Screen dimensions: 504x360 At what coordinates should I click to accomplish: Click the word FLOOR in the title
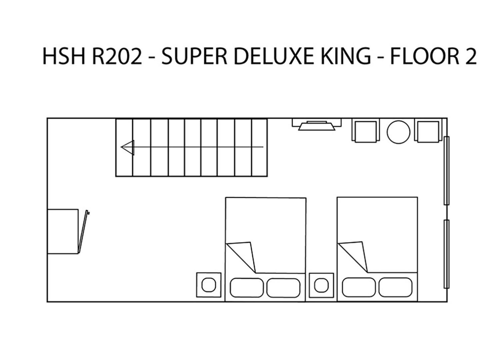(424, 56)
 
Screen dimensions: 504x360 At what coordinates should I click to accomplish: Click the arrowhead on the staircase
(128, 147)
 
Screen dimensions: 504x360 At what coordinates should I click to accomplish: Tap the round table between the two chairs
(398, 132)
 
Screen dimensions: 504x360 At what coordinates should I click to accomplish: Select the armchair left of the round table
(366, 131)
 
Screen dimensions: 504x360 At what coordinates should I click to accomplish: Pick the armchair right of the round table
(428, 131)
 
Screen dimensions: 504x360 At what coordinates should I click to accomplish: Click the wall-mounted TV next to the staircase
(317, 125)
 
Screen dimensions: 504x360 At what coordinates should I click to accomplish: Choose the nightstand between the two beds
(321, 285)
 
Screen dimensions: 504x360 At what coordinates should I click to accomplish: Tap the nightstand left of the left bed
(209, 285)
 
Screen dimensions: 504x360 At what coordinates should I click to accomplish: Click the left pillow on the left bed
(247, 288)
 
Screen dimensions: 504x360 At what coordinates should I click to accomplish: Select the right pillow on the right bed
(395, 287)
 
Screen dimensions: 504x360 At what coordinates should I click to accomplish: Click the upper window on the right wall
(446, 171)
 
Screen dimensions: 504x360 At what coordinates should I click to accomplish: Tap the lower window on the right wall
(446, 254)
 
